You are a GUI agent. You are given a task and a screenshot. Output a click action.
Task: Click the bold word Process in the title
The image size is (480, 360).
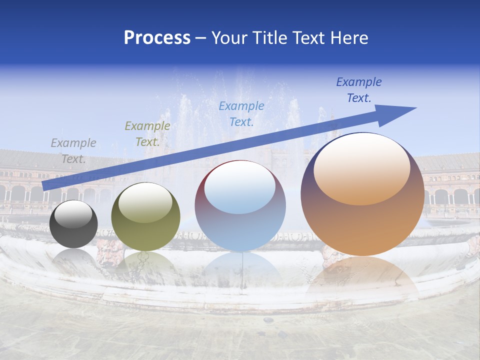[157, 38]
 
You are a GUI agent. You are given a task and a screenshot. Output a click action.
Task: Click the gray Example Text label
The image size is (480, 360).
[73, 151]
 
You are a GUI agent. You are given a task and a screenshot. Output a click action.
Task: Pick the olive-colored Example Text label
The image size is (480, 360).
[147, 134]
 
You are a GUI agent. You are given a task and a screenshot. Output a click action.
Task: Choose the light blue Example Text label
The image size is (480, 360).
[241, 113]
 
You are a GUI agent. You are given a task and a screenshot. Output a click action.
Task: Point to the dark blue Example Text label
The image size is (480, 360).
[359, 90]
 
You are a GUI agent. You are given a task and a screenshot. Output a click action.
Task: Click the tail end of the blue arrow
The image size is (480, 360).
[46, 185]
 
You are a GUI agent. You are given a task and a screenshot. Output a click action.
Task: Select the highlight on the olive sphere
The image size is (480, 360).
[145, 202]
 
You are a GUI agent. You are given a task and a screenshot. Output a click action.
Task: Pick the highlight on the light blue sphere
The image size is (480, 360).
[240, 187]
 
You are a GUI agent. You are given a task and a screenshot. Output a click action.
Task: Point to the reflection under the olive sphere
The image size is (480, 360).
[145, 265]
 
